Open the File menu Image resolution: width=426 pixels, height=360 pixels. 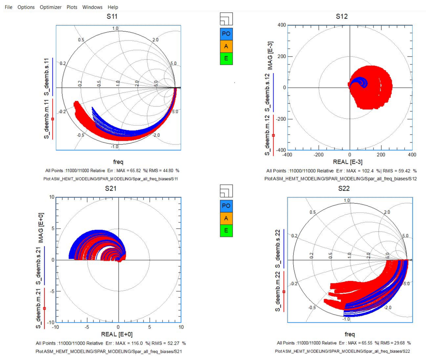9,7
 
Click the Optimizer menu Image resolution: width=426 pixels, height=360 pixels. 50,7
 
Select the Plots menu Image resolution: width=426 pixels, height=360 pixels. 72,7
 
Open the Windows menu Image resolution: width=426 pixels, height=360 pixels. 92,7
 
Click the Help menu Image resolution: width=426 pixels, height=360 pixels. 113,7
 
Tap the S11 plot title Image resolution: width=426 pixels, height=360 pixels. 112,16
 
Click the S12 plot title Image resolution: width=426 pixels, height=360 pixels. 342,16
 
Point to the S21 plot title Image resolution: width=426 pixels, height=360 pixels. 111,188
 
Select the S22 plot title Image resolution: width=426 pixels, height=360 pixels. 344,188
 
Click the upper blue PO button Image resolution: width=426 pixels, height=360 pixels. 226,34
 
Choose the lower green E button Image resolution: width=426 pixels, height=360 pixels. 226,231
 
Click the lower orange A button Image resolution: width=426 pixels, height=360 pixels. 226,218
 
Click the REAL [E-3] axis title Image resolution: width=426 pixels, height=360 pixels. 348,162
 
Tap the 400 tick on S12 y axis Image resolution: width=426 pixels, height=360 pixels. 282,25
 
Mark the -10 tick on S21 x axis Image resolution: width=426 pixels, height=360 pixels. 55,327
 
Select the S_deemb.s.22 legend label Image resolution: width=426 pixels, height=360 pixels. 278,249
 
